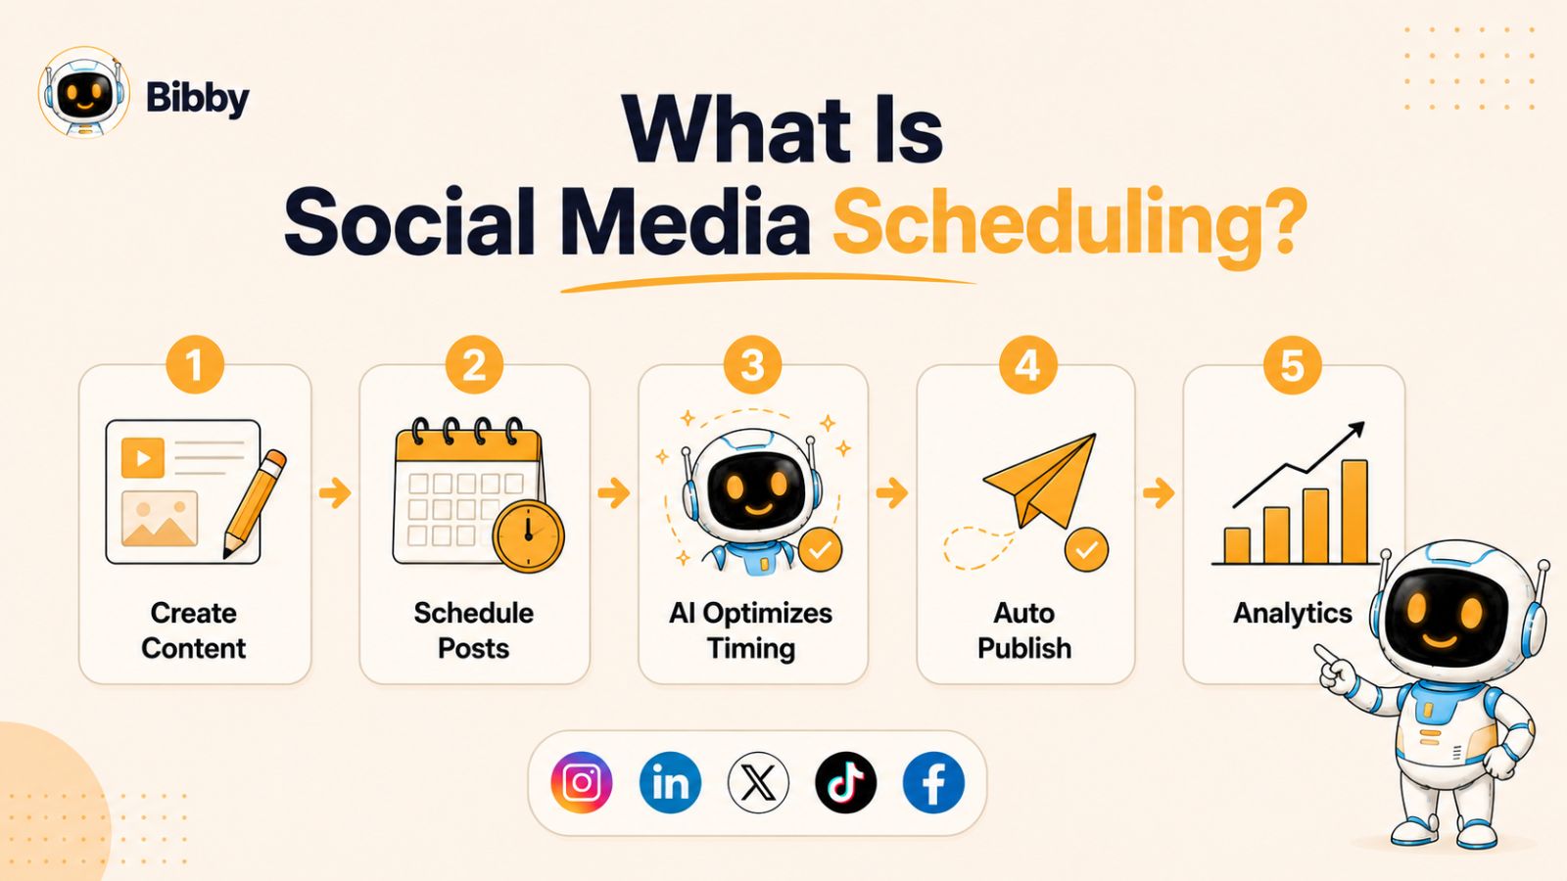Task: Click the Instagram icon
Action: (582, 782)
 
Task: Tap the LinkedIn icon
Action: (670, 782)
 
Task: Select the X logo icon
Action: (758, 782)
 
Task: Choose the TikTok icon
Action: (846, 782)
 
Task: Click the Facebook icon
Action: (934, 782)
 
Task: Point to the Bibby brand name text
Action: (197, 98)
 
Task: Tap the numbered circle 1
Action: (195, 365)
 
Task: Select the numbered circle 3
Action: (753, 365)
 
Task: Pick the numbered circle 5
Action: (1292, 365)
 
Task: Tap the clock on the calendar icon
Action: (528, 536)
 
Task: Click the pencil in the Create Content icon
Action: (255, 503)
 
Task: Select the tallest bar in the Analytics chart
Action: (1354, 511)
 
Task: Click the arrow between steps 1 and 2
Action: (335, 493)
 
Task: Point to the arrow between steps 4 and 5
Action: (1159, 493)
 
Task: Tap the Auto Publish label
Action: (1024, 630)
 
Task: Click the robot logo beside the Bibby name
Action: (84, 92)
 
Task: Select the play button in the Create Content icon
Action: (143, 458)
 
